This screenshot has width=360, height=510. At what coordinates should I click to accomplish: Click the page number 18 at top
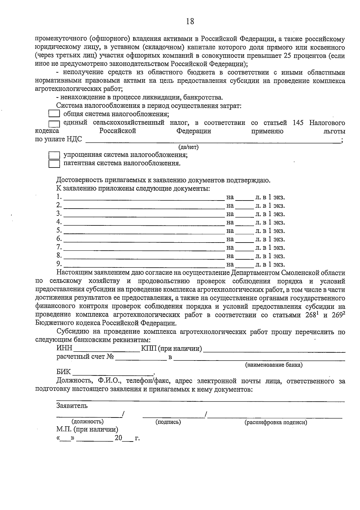190,21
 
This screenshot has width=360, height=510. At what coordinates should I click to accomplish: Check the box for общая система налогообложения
54,114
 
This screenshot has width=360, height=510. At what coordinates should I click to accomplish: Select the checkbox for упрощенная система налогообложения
54,155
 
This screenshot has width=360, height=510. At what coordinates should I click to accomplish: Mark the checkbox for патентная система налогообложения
54,164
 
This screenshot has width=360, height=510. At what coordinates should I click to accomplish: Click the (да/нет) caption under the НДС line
188,147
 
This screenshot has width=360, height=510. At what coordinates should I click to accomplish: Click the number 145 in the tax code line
298,123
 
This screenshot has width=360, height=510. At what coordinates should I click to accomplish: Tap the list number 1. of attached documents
59,197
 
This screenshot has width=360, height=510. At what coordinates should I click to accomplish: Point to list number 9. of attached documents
59,264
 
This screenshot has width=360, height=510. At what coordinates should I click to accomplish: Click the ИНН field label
64,348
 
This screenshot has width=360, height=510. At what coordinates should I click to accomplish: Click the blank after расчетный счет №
141,357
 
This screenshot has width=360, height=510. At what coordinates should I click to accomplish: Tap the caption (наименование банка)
274,365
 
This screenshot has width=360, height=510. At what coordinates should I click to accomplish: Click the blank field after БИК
113,373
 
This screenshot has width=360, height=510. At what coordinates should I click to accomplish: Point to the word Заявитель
72,406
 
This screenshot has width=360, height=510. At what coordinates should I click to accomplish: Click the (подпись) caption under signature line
168,422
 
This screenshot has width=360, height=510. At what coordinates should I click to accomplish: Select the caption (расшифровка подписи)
276,422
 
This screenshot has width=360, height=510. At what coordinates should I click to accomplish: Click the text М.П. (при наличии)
87,430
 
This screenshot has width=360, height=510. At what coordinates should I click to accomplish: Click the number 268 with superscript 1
311,315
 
